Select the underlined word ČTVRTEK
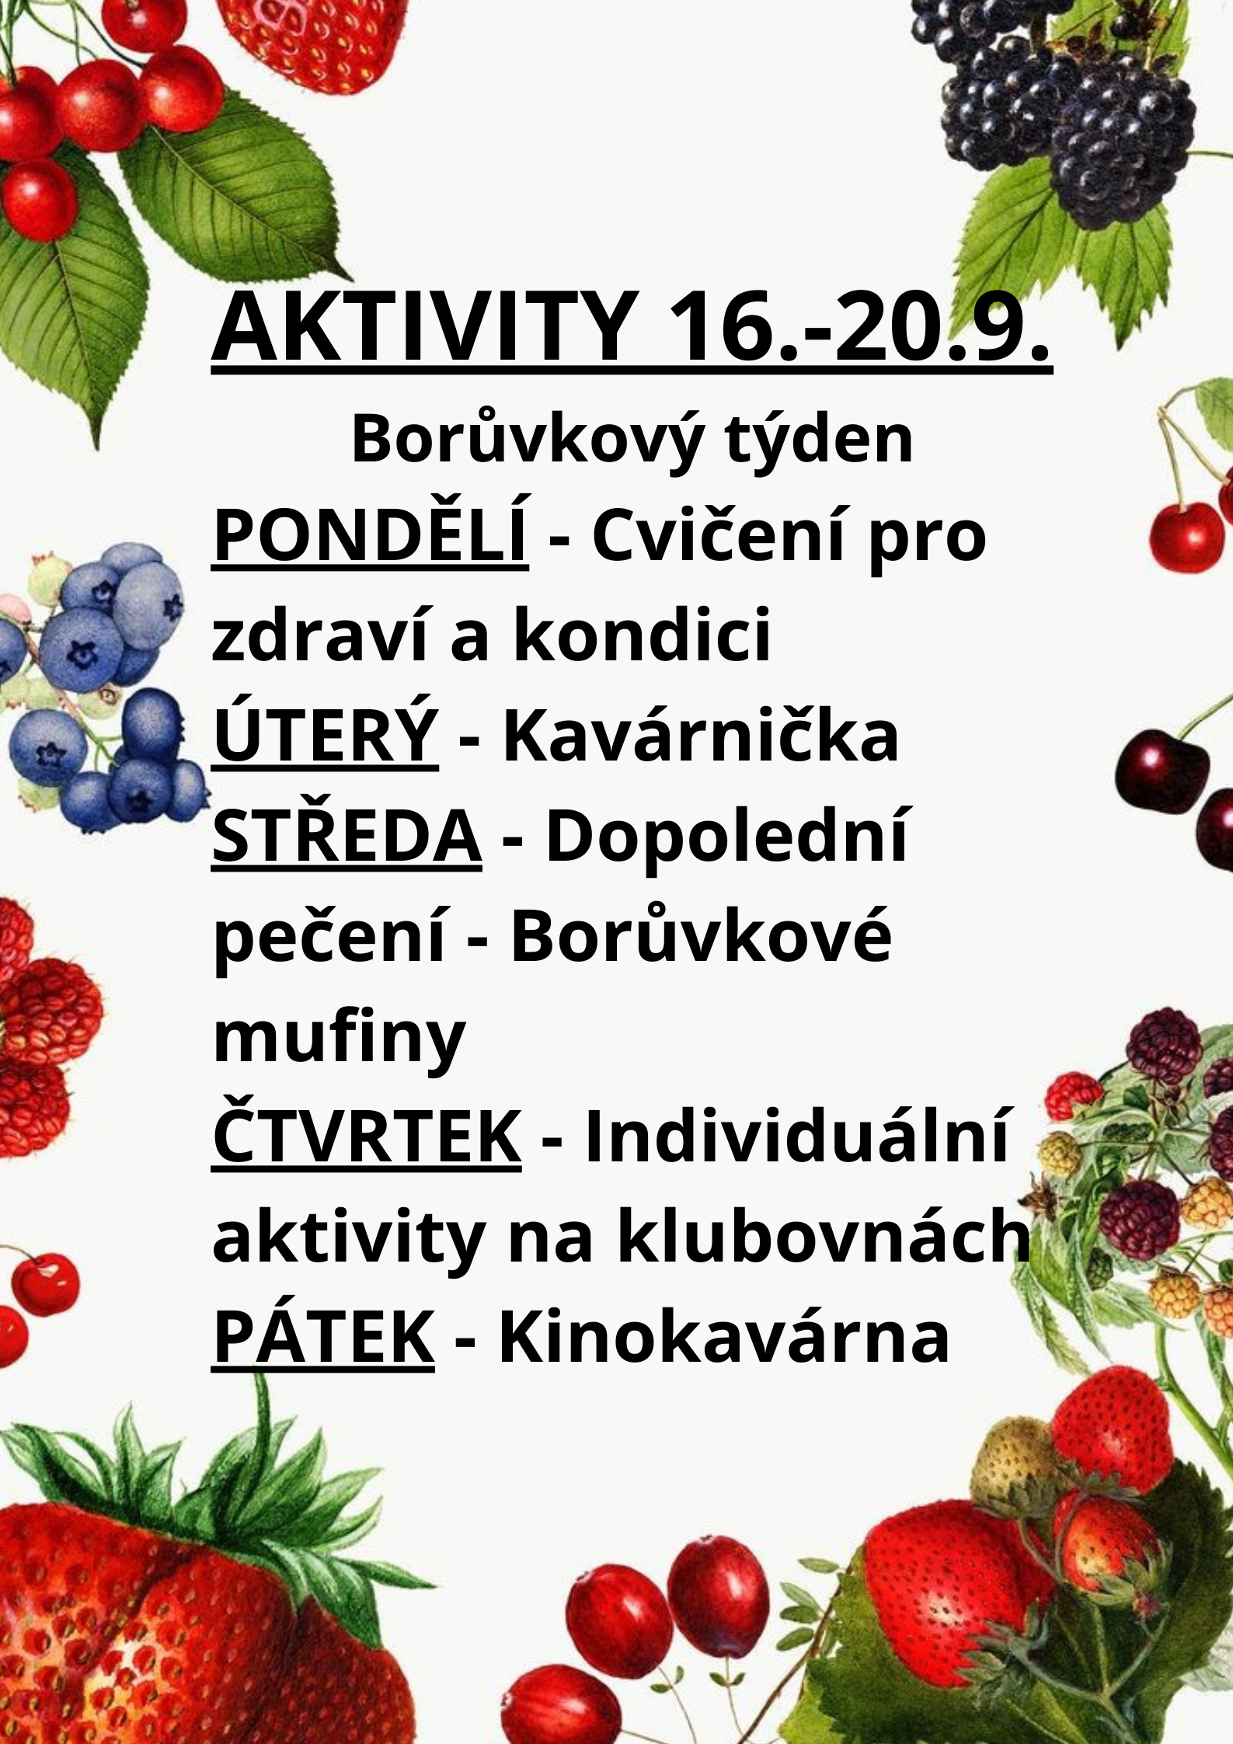[367, 1136]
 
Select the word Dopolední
[726, 837]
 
